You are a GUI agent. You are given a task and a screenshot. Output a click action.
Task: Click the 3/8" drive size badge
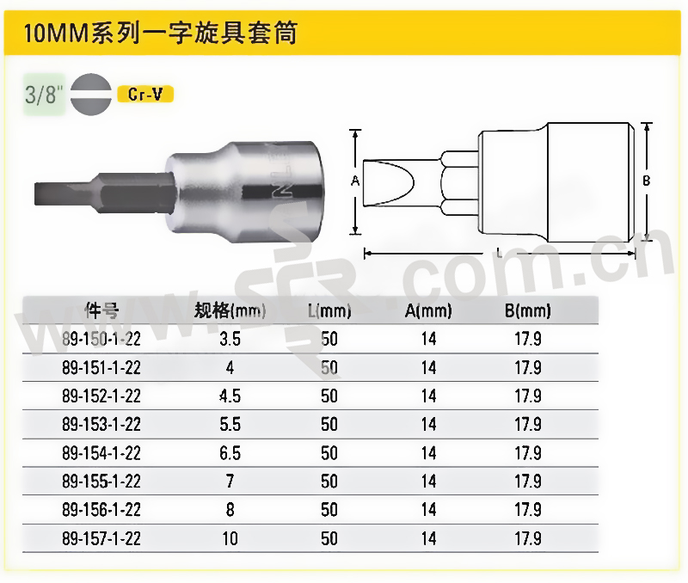tap(44, 95)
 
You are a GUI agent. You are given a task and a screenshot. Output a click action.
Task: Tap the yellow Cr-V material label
tap(145, 95)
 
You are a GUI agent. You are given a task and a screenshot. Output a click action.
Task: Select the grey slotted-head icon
tap(91, 95)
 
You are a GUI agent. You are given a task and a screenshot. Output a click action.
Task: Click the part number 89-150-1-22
tap(101, 339)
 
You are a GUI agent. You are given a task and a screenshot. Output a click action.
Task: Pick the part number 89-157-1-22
tap(101, 538)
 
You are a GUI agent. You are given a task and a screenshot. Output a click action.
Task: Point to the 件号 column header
tap(101, 310)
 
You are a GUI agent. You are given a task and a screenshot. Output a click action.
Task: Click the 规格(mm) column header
tap(230, 310)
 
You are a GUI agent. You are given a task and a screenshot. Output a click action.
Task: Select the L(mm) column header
tap(329, 310)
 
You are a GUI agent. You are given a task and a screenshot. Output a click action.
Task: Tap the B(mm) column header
tap(528, 310)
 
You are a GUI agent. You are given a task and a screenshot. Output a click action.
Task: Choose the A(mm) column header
tap(428, 310)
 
